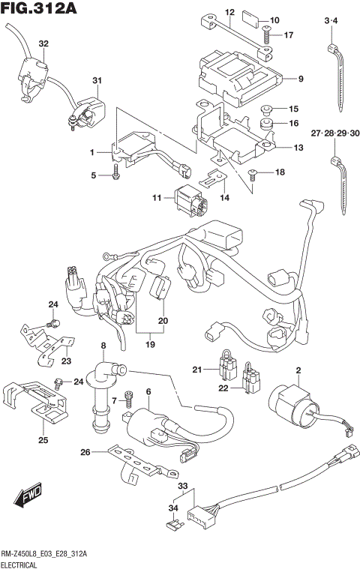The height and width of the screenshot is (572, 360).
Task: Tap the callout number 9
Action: (x=300, y=79)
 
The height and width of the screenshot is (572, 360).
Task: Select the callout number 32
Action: (x=43, y=44)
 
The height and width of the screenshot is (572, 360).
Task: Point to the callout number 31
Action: (x=97, y=81)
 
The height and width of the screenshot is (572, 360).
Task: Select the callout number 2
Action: (x=298, y=370)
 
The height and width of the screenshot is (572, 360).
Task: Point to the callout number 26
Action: (x=85, y=452)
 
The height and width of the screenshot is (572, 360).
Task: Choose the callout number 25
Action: (x=43, y=440)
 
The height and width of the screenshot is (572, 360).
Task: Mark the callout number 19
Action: (x=149, y=346)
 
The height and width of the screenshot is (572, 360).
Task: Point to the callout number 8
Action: (x=104, y=346)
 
